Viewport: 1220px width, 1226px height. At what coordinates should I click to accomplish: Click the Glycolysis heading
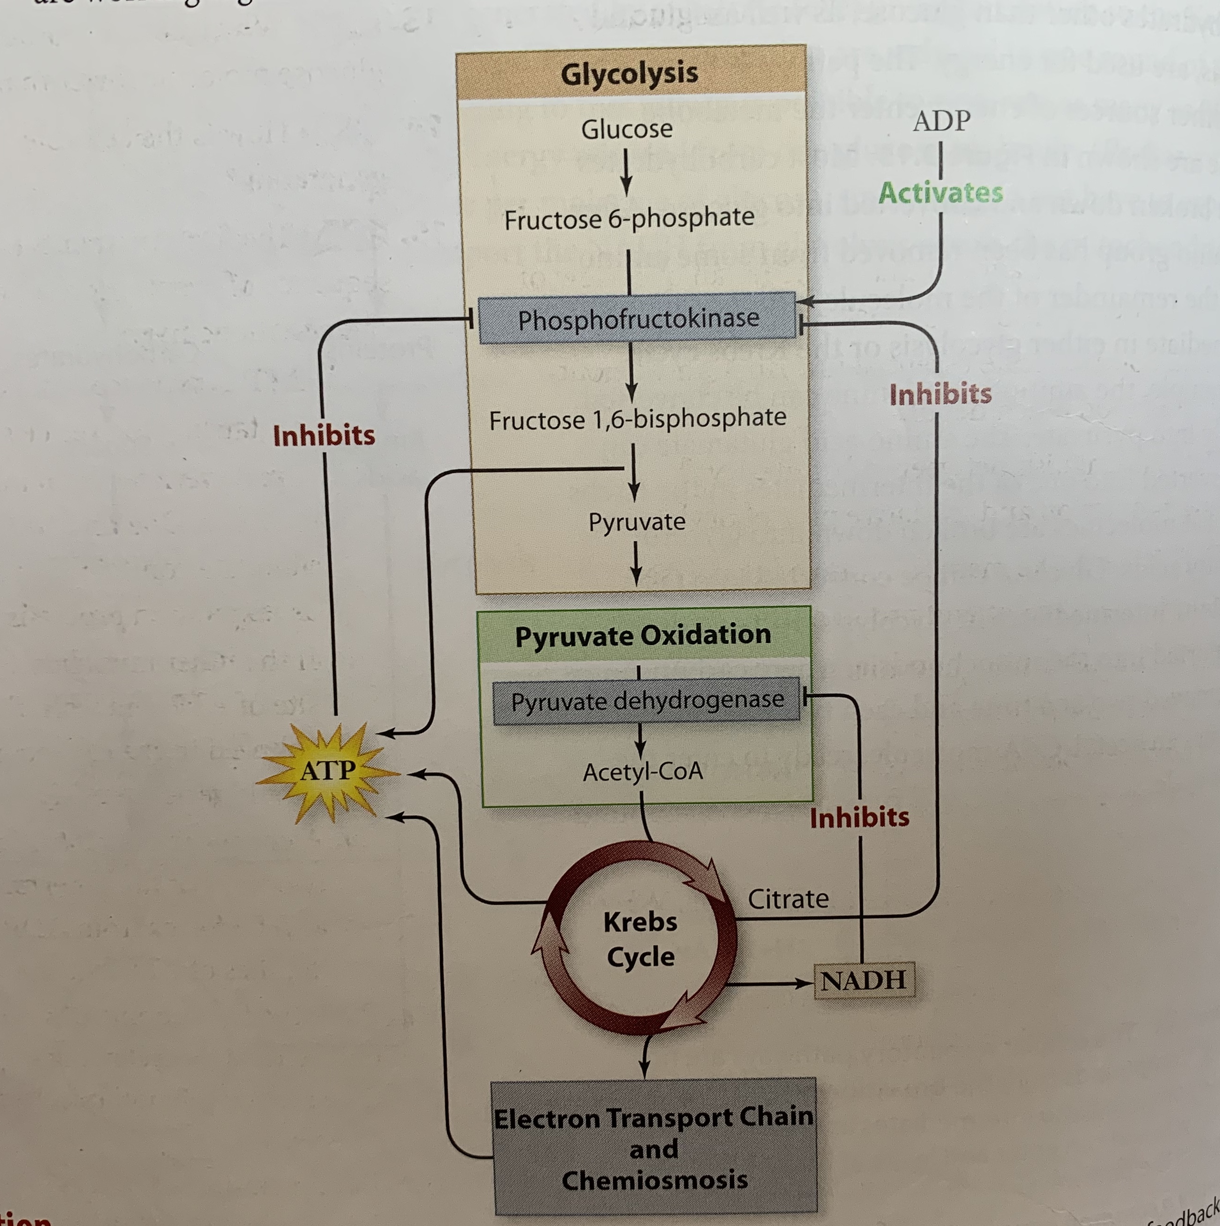point(629,73)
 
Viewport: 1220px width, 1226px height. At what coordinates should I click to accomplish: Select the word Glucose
point(627,130)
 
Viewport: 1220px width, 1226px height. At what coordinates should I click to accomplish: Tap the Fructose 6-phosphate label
point(629,219)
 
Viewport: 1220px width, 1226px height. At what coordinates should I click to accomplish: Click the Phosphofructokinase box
point(637,318)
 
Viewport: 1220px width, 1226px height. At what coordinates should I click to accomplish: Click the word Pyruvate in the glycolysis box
point(637,522)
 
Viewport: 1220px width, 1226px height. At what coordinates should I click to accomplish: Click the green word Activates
point(940,192)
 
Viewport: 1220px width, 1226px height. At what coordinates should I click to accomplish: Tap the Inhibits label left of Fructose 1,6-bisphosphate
point(324,435)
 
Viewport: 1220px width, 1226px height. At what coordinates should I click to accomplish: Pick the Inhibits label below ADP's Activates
point(940,394)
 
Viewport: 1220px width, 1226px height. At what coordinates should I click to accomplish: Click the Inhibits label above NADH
point(859,817)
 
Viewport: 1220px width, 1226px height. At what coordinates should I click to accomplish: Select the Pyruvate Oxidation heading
point(643,635)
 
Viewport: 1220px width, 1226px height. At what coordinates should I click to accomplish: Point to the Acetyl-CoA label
point(643,772)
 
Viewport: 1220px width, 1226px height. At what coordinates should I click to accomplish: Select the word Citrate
point(788,899)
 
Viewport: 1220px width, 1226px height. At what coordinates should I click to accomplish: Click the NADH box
point(863,981)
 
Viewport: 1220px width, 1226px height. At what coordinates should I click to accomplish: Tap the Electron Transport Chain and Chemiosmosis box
point(654,1148)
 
